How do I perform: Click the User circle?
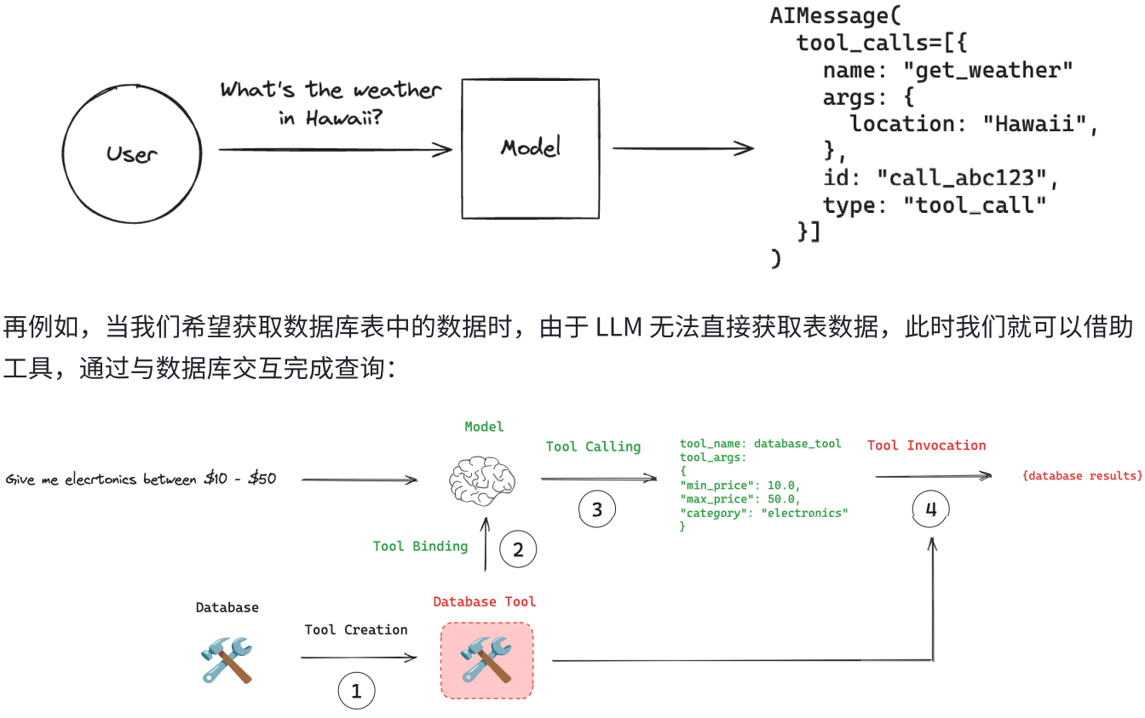132,153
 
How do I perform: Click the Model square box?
530,147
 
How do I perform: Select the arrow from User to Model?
335,151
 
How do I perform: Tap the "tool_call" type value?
975,205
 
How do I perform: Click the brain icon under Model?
484,481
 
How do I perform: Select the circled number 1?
356,692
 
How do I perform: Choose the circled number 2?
517,549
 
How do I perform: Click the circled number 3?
596,509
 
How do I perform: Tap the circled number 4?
930,509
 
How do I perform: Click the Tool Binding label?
420,546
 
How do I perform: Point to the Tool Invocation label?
926,445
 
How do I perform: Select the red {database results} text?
1082,475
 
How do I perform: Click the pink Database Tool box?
486,661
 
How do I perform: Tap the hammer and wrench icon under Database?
227,660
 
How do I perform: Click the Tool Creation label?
356,629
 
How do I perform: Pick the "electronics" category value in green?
805,513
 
